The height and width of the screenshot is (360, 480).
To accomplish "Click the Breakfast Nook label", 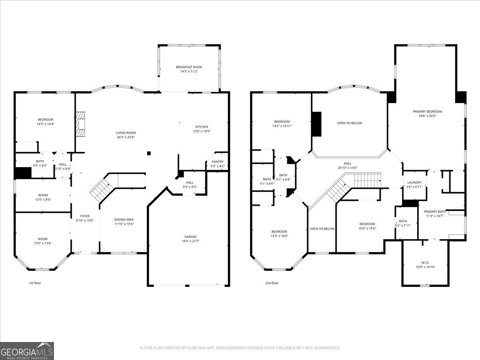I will (x=189, y=67).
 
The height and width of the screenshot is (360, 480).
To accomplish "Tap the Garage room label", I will (x=190, y=236).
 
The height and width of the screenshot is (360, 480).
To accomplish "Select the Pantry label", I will (x=218, y=162).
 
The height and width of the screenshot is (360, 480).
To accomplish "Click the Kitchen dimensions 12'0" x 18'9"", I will (x=202, y=131).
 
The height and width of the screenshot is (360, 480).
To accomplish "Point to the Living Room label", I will (x=126, y=133).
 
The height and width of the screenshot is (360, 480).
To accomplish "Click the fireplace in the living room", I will (x=82, y=124).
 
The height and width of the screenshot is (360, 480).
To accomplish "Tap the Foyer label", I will (x=85, y=216).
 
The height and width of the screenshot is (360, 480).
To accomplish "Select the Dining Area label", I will (x=124, y=219).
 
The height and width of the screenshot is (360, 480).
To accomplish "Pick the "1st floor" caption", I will (x=35, y=283).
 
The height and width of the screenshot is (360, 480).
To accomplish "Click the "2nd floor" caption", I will (x=272, y=283).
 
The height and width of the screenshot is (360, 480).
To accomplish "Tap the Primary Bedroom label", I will (x=427, y=112).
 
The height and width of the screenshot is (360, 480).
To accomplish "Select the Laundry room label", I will (x=414, y=182).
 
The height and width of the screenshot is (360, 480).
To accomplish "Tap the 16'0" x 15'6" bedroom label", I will (x=367, y=224).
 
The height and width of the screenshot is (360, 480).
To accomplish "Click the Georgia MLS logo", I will (x=27, y=351).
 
